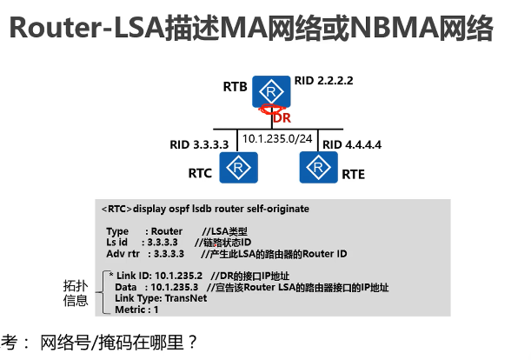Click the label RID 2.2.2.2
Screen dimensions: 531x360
coord(324,81)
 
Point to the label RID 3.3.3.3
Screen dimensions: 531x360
coord(199,143)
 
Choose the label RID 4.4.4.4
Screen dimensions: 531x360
coord(351,143)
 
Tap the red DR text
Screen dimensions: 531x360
coord(282,117)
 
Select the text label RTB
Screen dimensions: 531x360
coord(235,87)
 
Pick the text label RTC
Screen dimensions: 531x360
coord(200,173)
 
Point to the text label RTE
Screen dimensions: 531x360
coord(353,173)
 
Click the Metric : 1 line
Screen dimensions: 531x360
coord(136,309)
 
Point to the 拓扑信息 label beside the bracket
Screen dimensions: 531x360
coord(76,292)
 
